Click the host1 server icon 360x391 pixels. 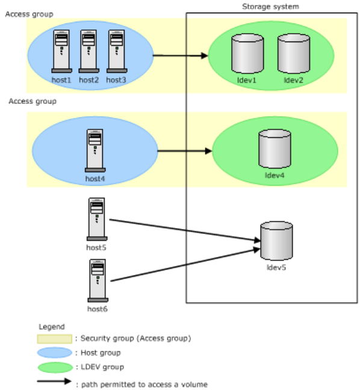(x=61, y=51)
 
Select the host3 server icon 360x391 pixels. (x=117, y=51)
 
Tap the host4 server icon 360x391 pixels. (x=95, y=150)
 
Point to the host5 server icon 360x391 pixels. (x=97, y=219)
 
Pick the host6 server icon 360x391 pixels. (x=98, y=280)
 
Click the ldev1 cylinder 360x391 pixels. (x=247, y=54)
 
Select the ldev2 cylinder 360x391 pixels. (x=294, y=54)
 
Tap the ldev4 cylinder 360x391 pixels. (x=275, y=149)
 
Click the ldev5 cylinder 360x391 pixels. (x=276, y=241)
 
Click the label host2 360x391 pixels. (x=89, y=80)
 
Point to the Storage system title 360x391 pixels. (x=270, y=7)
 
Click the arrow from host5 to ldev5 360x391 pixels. (x=185, y=230)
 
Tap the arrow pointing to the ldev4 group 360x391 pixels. (x=185, y=151)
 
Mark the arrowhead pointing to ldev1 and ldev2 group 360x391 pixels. (x=205, y=55)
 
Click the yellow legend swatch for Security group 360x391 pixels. (x=54, y=339)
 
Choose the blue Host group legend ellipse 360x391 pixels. (x=55, y=353)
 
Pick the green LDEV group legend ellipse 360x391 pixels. (x=55, y=368)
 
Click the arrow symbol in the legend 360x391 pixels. (x=54, y=381)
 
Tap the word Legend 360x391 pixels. (x=52, y=327)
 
